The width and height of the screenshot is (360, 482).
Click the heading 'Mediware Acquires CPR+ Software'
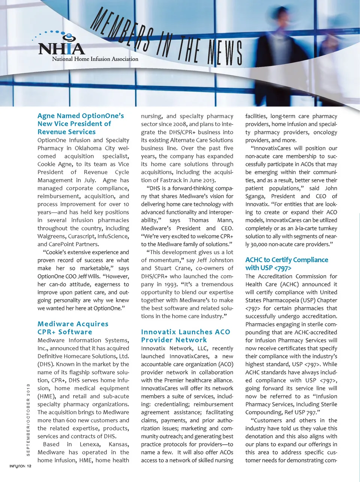pos(73,328)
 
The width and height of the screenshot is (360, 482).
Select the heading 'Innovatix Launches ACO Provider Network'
pos(185,336)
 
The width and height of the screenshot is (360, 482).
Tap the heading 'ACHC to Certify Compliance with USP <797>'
pos(286,264)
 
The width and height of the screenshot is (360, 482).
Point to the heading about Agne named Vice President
pos(80,124)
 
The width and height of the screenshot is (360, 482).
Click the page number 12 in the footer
pos(29,466)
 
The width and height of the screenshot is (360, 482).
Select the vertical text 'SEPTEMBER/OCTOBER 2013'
pos(28,420)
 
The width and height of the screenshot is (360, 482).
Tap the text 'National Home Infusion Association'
pos(95,59)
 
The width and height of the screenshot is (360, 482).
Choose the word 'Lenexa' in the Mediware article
pos(89,444)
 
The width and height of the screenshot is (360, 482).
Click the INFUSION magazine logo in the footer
pos(17,466)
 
